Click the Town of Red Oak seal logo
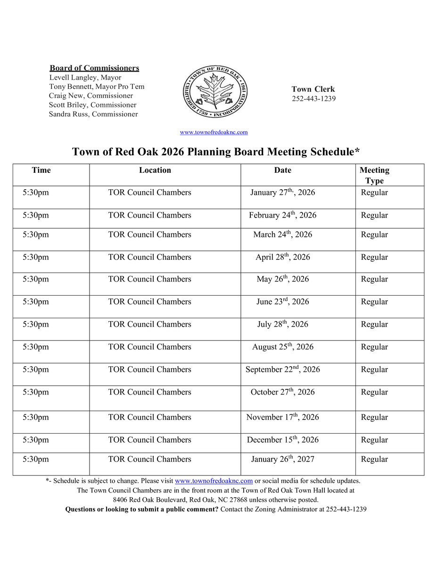coord(215,92)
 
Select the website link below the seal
coord(214,132)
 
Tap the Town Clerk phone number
coord(313,99)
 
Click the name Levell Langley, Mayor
coord(85,78)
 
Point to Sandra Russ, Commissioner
coord(93,114)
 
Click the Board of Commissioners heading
coord(94,68)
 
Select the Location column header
coord(155,170)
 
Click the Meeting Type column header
coord(374,175)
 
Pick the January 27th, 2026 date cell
coord(282,193)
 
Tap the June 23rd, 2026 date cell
coord(282,302)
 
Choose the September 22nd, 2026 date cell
coord(282,370)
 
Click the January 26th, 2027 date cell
coord(282,459)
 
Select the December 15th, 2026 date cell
coord(282,440)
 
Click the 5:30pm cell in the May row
coord(35,279)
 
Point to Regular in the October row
coord(374,392)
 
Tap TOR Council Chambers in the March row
coord(149,234)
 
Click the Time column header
coord(41,170)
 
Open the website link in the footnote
coord(214,481)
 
